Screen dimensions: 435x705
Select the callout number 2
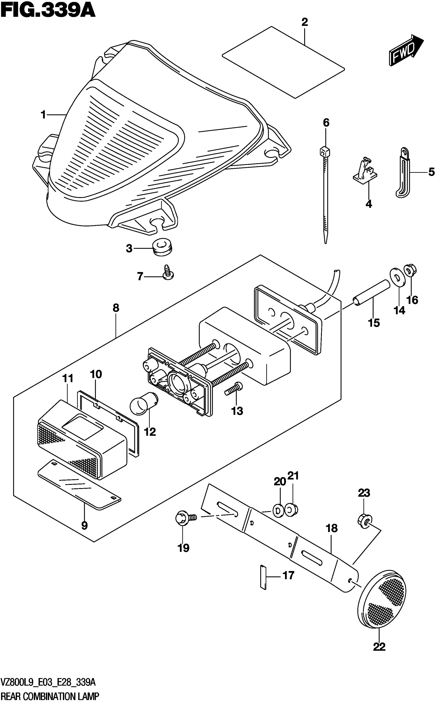click(x=305, y=22)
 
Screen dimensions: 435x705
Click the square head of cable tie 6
click(x=325, y=151)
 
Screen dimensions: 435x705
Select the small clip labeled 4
click(x=365, y=171)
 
